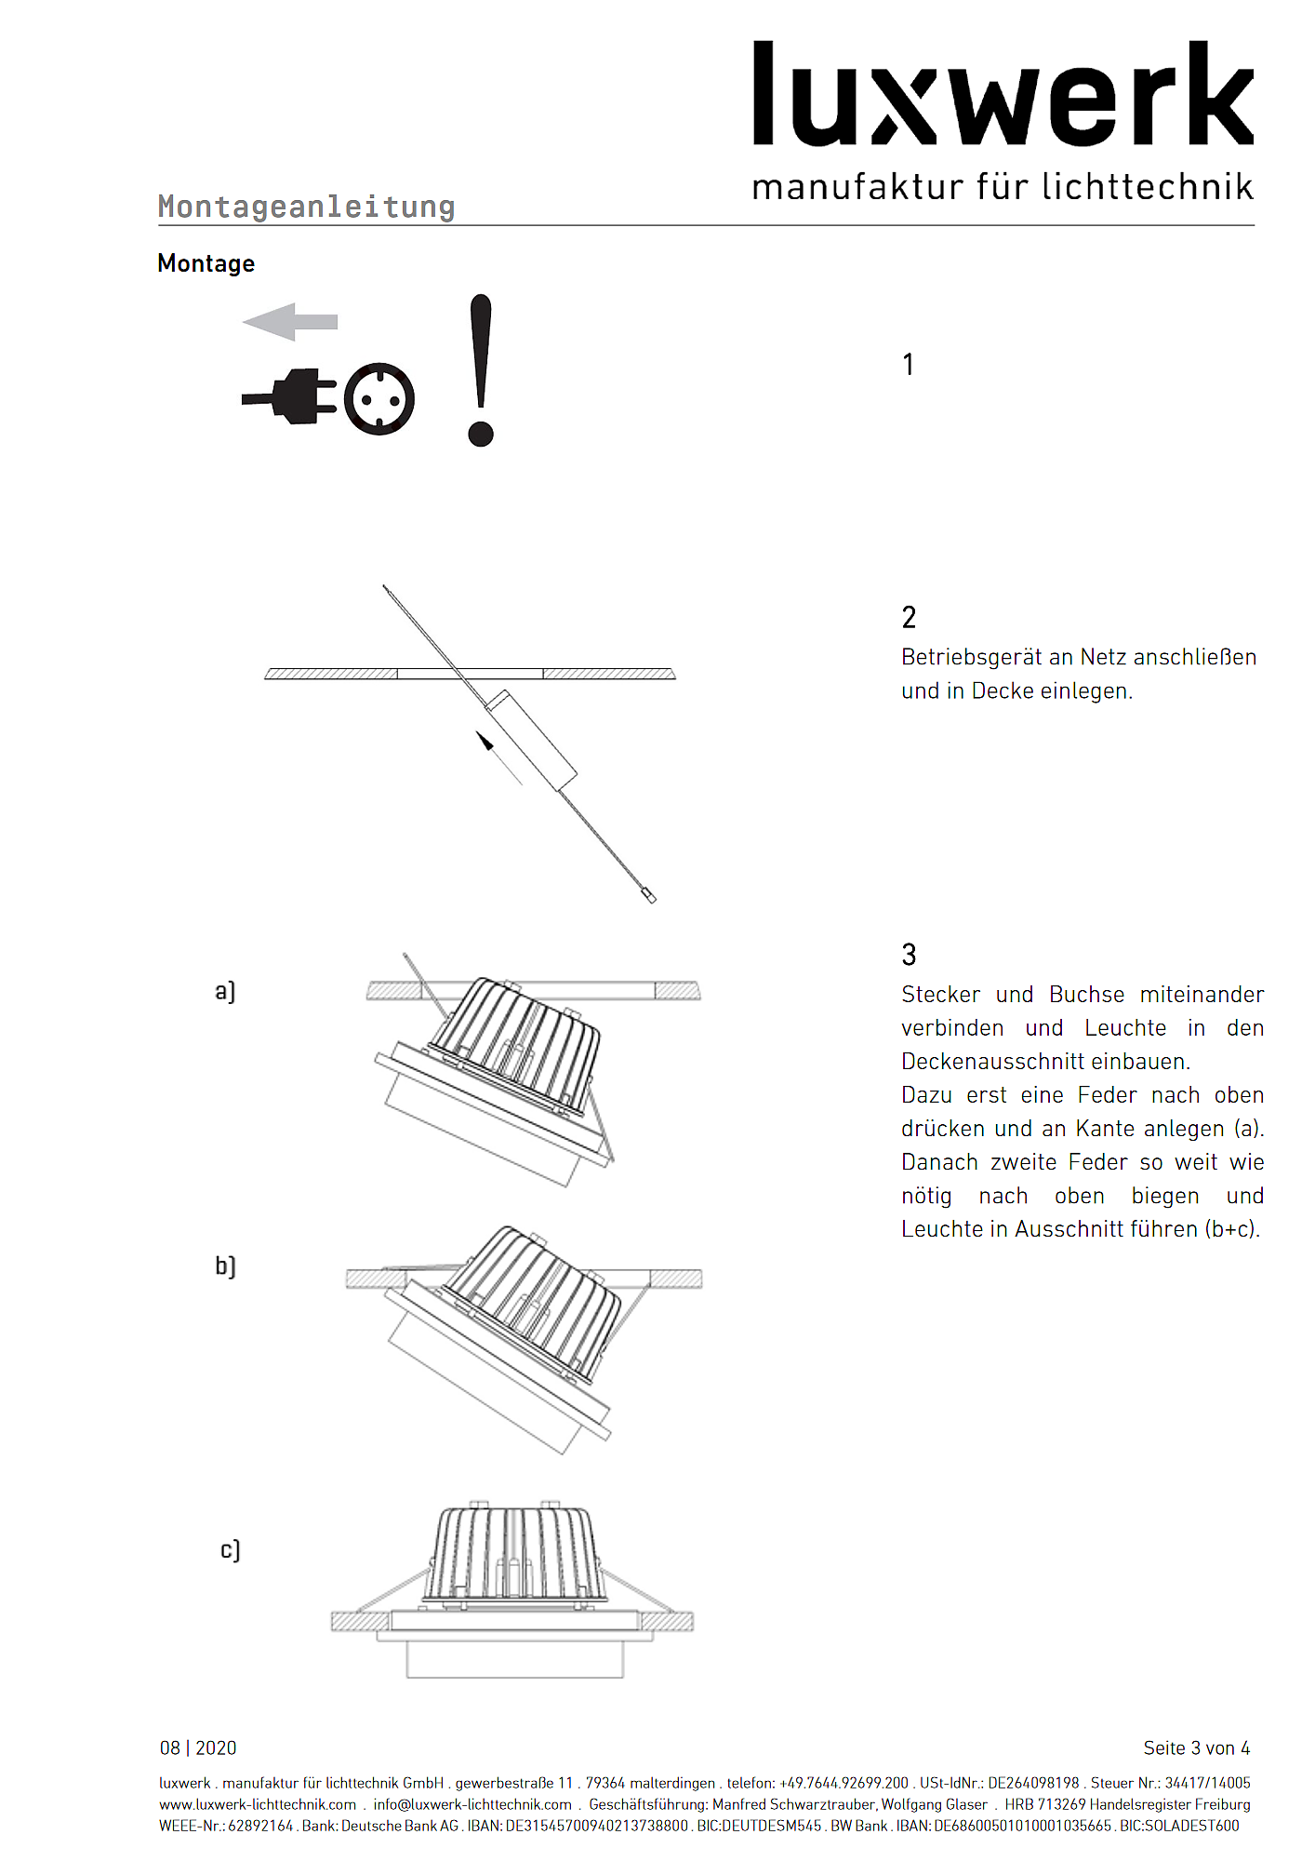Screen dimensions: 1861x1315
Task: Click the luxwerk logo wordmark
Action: [x=1002, y=95]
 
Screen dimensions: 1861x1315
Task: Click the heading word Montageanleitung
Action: [x=306, y=207]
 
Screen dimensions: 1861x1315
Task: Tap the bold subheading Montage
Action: [x=206, y=263]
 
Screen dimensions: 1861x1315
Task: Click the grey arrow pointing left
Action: [x=289, y=322]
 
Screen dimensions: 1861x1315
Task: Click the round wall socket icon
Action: [x=379, y=399]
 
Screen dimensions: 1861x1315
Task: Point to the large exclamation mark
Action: [x=480, y=369]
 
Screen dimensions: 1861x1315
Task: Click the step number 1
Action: [x=908, y=365]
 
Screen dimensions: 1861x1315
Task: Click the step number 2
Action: [x=909, y=617]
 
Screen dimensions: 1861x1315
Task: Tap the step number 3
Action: [x=909, y=955]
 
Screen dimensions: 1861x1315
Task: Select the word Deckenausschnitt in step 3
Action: [x=992, y=1062]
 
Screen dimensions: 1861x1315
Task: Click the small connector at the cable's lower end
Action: [x=649, y=896]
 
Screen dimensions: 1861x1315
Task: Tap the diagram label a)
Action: [x=225, y=991]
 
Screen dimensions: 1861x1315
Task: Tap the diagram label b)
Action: [x=225, y=1265]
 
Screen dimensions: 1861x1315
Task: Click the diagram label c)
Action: [x=230, y=1550]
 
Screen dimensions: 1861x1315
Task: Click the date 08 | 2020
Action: [x=198, y=1748]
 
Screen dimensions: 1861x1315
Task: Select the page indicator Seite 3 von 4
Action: [x=1196, y=1748]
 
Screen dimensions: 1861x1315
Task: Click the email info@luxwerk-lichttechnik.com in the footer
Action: [x=472, y=1804]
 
